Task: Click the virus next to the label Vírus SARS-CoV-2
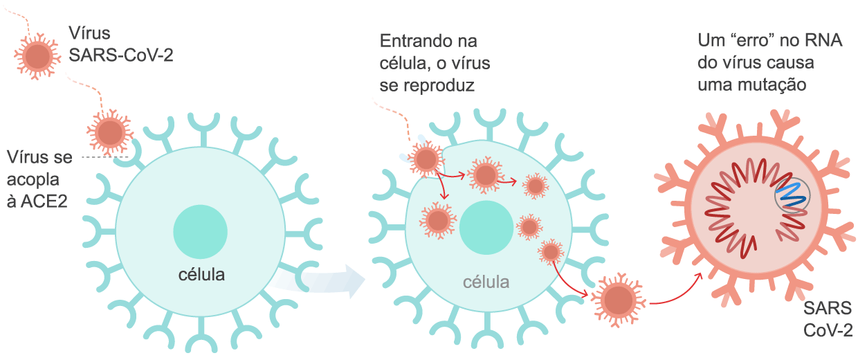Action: [x=37, y=55]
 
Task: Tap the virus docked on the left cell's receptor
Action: [x=110, y=132]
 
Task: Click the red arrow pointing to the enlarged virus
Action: [x=678, y=291]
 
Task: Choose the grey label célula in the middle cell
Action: [x=486, y=282]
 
